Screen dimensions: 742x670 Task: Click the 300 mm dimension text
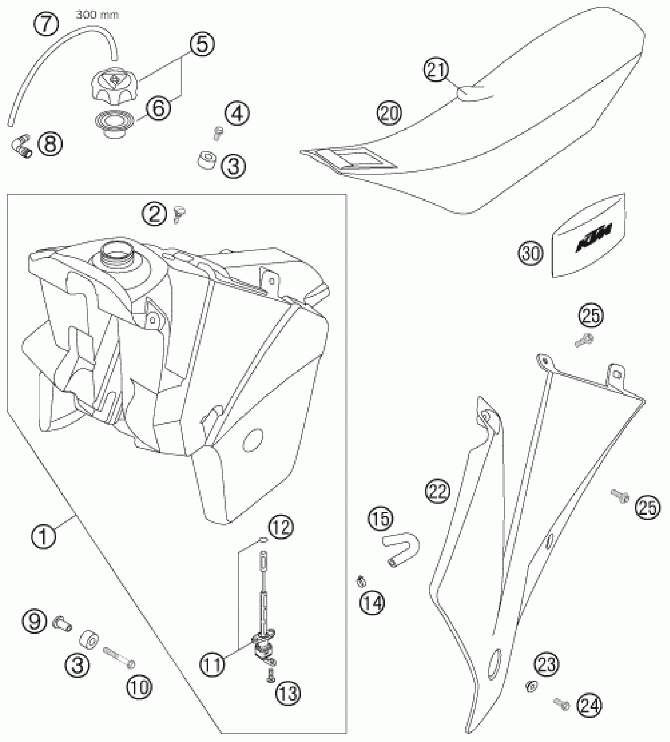97,15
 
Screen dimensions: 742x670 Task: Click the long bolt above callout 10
118,658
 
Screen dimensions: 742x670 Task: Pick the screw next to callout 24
562,703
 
